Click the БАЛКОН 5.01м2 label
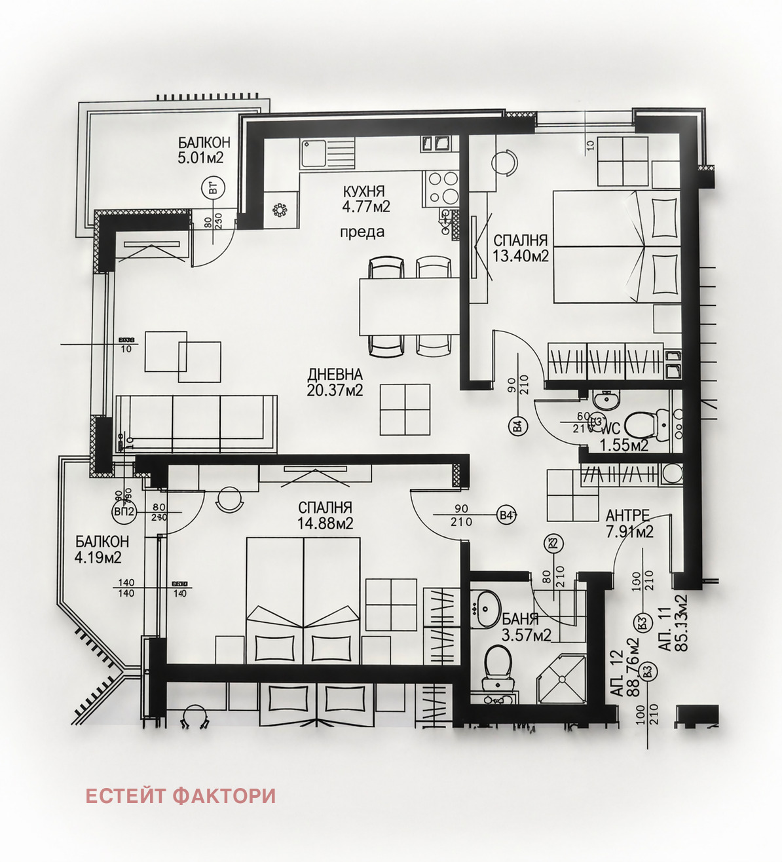[204, 150]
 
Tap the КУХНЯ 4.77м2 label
[365, 199]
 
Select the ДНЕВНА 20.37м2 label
[335, 383]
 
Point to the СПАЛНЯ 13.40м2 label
[520, 248]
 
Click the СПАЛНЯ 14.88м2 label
[325, 515]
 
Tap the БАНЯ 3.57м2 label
[526, 627]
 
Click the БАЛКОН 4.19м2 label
[101, 550]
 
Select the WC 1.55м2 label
[624, 438]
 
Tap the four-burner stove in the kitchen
[441, 187]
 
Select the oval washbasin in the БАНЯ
[486, 609]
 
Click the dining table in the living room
[409, 306]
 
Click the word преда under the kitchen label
[362, 232]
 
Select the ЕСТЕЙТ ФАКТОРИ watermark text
[180, 796]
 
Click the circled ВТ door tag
[213, 189]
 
